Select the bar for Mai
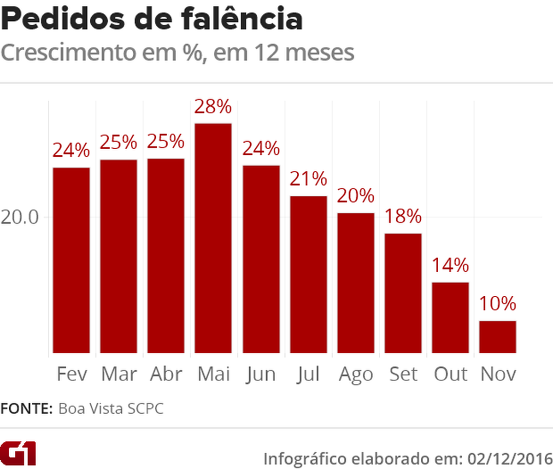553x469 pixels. [x=213, y=238]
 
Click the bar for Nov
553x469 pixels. [x=498, y=337]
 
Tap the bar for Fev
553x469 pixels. [x=71, y=260]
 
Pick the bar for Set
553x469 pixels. [x=403, y=293]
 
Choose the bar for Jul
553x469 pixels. [x=308, y=275]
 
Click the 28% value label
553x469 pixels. [x=213, y=107]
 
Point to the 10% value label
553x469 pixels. [x=498, y=304]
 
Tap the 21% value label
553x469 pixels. [x=308, y=179]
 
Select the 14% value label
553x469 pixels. [x=450, y=265]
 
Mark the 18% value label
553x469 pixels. [x=403, y=216]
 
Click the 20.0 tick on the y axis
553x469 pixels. [x=20, y=217]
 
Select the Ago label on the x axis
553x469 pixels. [x=356, y=375]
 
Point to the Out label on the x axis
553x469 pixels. [x=450, y=374]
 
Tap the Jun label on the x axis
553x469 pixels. [x=261, y=375]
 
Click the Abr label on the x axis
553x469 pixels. [x=166, y=374]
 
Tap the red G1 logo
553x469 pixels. [x=18, y=454]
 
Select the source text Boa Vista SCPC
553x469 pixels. [x=111, y=409]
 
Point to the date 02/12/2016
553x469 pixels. [x=510, y=459]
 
